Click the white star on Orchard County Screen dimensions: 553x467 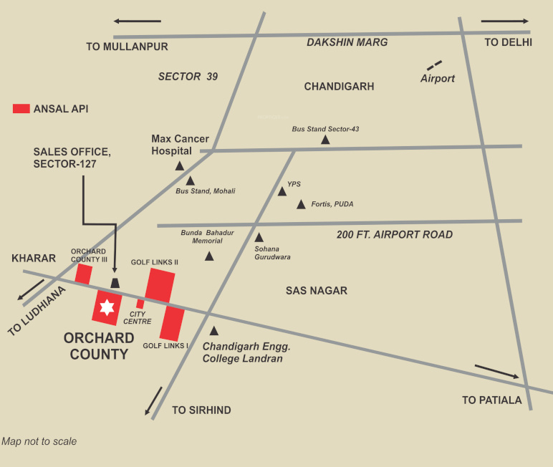pyautogui.click(x=107, y=307)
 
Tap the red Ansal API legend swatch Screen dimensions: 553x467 pyautogui.click(x=21, y=109)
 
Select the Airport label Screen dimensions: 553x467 pyautogui.click(x=438, y=78)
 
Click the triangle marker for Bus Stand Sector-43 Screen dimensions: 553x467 pyautogui.click(x=325, y=140)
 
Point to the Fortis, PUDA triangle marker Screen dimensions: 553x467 pyautogui.click(x=301, y=204)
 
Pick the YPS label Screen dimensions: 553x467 pyautogui.click(x=294, y=184)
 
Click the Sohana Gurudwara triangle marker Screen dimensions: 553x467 pyautogui.click(x=259, y=237)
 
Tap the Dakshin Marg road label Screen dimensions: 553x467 pyautogui.click(x=347, y=42)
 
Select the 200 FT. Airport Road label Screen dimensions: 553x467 pyautogui.click(x=395, y=234)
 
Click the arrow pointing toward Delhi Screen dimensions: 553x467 pyautogui.click(x=505, y=21)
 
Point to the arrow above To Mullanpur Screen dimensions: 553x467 pyautogui.click(x=138, y=21)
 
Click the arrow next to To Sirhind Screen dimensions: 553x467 pyautogui.click(x=153, y=401)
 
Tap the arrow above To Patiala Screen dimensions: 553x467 pyautogui.click(x=497, y=372)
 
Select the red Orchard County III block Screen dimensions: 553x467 pyautogui.click(x=84, y=274)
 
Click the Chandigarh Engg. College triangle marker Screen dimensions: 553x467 pyautogui.click(x=213, y=331)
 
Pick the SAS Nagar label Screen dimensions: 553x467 pyautogui.click(x=317, y=291)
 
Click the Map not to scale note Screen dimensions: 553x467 pyautogui.click(x=39, y=441)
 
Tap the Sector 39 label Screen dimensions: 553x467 pyautogui.click(x=188, y=77)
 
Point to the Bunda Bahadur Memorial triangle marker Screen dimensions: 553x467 pyautogui.click(x=209, y=256)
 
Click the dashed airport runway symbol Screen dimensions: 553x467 pyautogui.click(x=434, y=65)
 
